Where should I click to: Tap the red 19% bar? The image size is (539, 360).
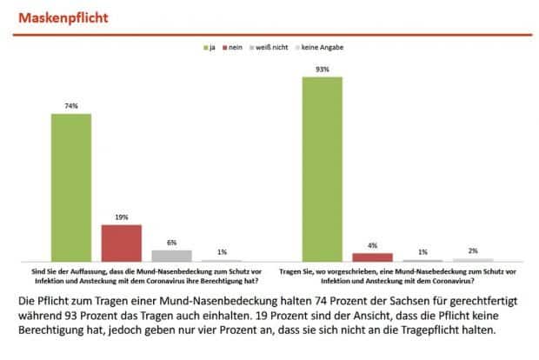[x=121, y=243]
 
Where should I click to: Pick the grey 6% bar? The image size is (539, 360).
[x=171, y=256]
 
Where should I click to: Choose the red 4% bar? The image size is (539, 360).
[x=372, y=257]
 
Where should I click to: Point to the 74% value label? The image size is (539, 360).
[x=71, y=106]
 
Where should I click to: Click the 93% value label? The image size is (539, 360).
[x=322, y=69]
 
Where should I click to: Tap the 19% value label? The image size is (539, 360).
[x=121, y=217]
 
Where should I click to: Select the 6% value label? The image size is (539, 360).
[x=171, y=243]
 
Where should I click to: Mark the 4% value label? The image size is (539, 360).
[x=372, y=246]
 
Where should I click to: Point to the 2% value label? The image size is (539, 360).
[x=472, y=250]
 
